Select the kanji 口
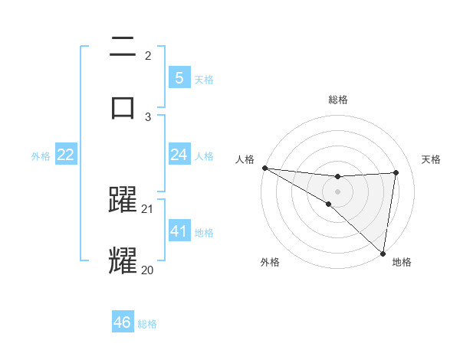[123, 106]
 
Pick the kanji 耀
[123, 260]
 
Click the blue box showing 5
[179, 77]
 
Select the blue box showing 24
[179, 155]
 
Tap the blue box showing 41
[179, 231]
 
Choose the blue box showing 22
[65, 155]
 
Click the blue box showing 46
[122, 322]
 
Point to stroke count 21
[148, 209]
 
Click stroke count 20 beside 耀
[148, 269]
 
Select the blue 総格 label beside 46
[147, 324]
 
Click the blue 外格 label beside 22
[41, 155]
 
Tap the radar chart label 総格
[337, 100]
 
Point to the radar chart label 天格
[432, 159]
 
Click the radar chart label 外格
[269, 262]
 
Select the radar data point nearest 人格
[264, 167]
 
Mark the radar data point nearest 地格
[383, 253]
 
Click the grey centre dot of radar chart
[337, 190]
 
